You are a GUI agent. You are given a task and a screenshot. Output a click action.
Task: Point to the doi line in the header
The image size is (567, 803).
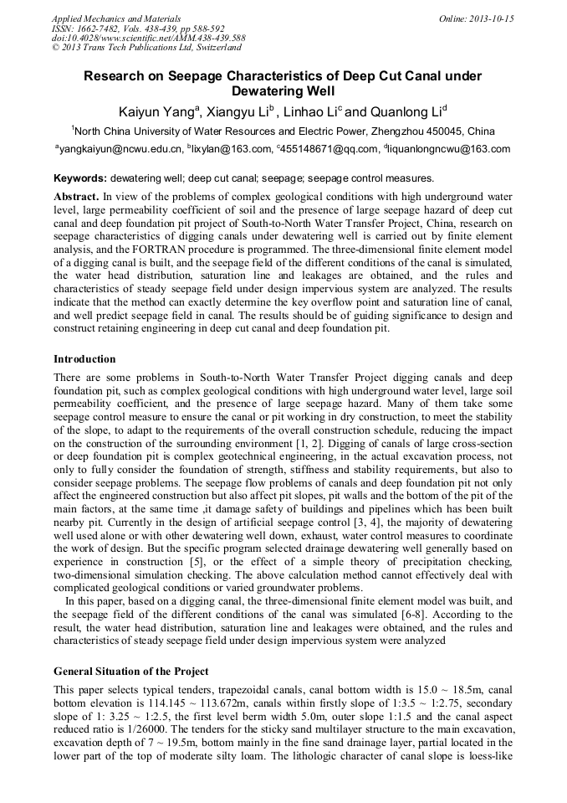click(x=148, y=39)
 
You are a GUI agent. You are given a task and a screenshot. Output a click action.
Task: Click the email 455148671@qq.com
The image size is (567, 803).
click(x=329, y=149)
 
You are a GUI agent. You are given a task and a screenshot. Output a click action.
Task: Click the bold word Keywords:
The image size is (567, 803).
click(x=80, y=178)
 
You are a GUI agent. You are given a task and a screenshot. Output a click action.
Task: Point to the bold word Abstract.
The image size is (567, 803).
click(x=76, y=194)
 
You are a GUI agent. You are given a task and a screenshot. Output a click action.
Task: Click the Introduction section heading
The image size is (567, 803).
click(x=84, y=359)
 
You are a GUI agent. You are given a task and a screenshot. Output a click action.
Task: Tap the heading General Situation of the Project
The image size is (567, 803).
click(x=130, y=672)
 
